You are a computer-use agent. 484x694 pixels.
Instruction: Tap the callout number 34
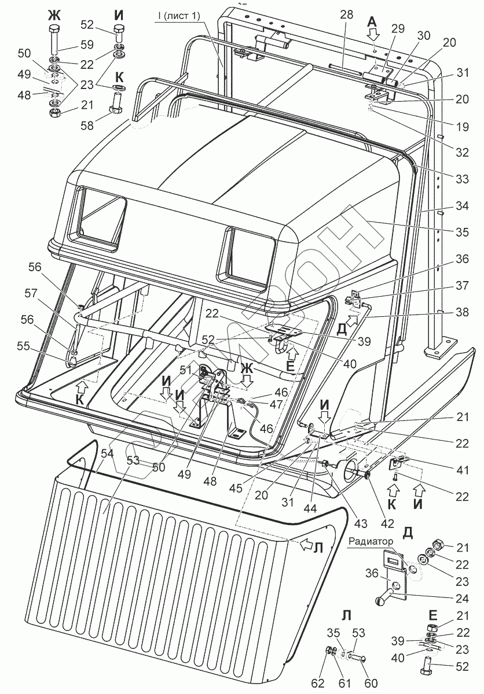462,206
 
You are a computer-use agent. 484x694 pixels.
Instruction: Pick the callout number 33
462,179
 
